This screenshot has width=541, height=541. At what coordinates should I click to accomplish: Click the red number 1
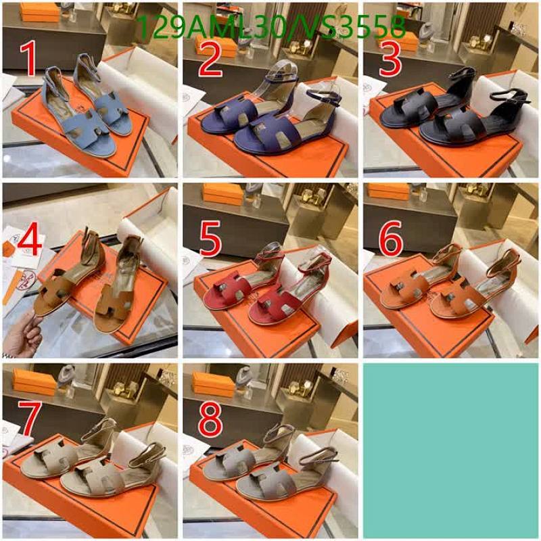(x=28, y=60)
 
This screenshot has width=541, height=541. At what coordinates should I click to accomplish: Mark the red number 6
(x=391, y=239)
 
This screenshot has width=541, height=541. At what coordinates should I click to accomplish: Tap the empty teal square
(x=452, y=450)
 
